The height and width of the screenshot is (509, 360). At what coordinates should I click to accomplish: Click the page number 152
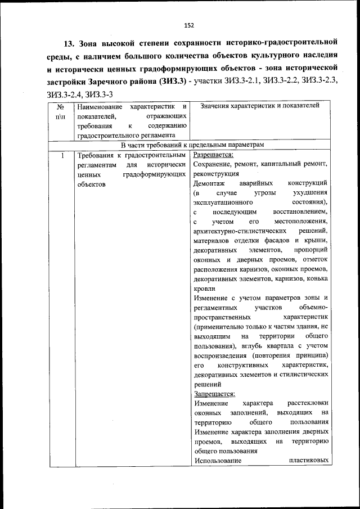[189, 24]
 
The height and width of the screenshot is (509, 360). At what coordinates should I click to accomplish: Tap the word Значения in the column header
[215, 105]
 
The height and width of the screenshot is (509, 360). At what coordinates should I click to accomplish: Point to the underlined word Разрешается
[213, 155]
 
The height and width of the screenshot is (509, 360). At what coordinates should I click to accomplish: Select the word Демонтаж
[209, 183]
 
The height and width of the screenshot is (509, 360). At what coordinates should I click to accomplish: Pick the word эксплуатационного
[224, 202]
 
